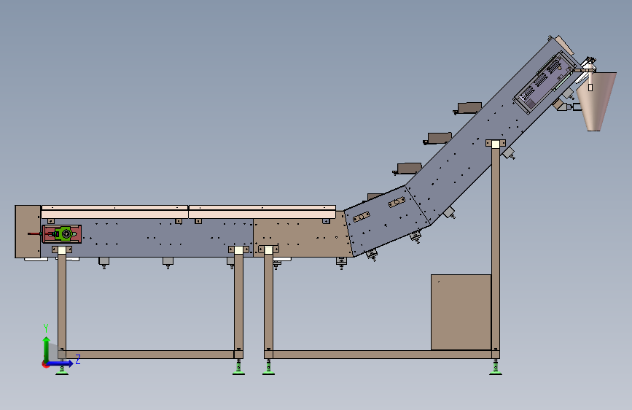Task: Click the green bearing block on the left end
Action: click(x=65, y=233)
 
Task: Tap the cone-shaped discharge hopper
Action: click(x=596, y=101)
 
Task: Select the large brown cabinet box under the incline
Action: click(x=461, y=312)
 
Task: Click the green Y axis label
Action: click(x=46, y=328)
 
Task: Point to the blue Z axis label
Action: click(x=78, y=359)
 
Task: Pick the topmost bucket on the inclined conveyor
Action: click(x=469, y=108)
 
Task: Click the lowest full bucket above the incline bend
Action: click(x=407, y=169)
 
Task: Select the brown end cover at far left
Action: click(x=28, y=231)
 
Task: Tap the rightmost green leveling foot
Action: click(x=496, y=368)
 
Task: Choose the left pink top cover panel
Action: click(x=114, y=212)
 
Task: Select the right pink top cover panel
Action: click(x=262, y=212)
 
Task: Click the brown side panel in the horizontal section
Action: click(x=302, y=237)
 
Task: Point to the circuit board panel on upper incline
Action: click(x=545, y=82)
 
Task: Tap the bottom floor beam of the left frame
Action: click(x=149, y=355)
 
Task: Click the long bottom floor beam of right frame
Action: click(x=382, y=355)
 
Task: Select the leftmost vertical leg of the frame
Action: click(x=62, y=303)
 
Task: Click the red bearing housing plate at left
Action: click(x=62, y=234)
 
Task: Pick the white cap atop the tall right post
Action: click(x=496, y=144)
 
